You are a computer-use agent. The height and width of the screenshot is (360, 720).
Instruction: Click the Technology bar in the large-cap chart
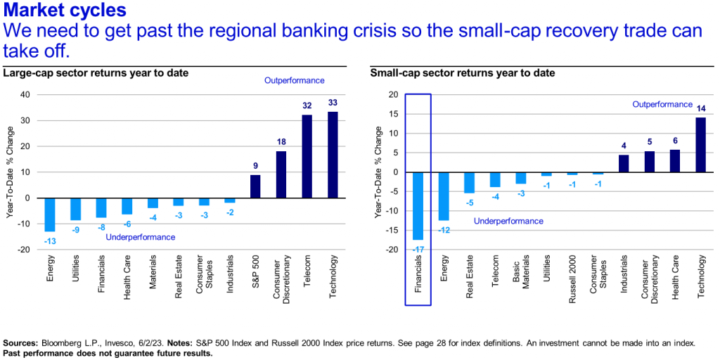pyautogui.click(x=333, y=155)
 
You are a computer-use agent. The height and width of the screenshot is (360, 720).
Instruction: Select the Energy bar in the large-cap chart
pyautogui.click(x=50, y=214)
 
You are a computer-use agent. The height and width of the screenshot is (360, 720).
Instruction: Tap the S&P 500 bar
pyautogui.click(x=255, y=186)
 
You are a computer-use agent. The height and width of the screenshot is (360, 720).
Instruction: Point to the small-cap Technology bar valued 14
pyautogui.click(x=701, y=145)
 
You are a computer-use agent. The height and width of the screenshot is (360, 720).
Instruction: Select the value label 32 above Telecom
pyautogui.click(x=307, y=106)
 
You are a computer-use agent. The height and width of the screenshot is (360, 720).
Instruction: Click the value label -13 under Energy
pyautogui.click(x=50, y=241)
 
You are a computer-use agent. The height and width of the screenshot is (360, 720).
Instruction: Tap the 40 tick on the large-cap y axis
pyautogui.click(x=26, y=94)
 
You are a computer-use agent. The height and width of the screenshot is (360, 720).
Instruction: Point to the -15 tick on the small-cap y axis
pyautogui.click(x=392, y=230)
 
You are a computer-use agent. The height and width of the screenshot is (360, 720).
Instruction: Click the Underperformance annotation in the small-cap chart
pyautogui.click(x=508, y=221)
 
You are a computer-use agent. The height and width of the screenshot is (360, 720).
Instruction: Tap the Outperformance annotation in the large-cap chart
pyautogui.click(x=294, y=80)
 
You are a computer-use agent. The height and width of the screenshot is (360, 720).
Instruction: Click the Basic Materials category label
pyautogui.click(x=520, y=276)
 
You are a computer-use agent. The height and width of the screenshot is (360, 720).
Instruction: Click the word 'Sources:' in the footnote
pyautogui.click(x=21, y=342)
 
